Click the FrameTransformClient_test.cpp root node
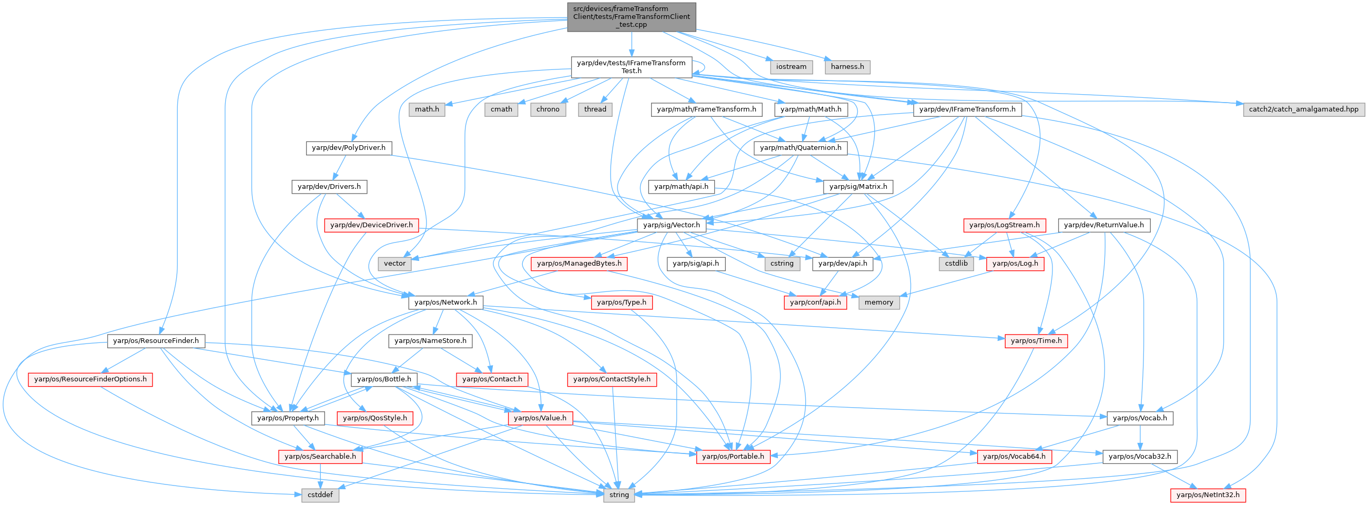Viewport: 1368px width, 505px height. (631, 16)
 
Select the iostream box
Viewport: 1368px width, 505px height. (791, 67)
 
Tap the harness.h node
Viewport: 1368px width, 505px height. (847, 67)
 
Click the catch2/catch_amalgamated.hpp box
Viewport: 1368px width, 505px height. (1303, 109)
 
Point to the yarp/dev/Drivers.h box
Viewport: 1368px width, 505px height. (329, 187)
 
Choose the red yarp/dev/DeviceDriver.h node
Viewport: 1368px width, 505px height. (371, 225)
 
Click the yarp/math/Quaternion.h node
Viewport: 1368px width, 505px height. (800, 148)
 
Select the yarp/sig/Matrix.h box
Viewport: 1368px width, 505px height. (858, 187)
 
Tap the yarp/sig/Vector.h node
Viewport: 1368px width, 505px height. (672, 225)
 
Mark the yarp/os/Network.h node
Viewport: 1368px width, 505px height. (445, 302)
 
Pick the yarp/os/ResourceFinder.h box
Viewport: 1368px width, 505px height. (156, 341)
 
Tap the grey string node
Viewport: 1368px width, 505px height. (619, 495)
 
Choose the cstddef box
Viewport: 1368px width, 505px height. (321, 495)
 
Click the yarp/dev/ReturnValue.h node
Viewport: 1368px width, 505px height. (1104, 225)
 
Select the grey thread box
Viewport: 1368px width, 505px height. (595, 109)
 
